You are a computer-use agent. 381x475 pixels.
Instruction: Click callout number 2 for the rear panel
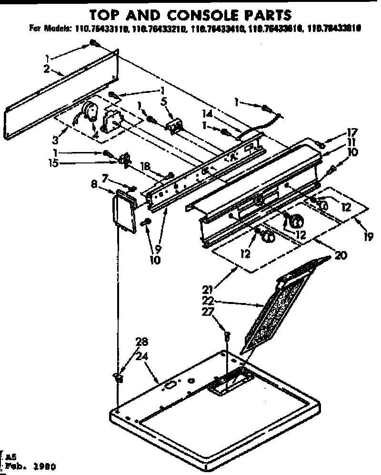point(47,69)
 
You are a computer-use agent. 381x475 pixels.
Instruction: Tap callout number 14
point(207,114)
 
